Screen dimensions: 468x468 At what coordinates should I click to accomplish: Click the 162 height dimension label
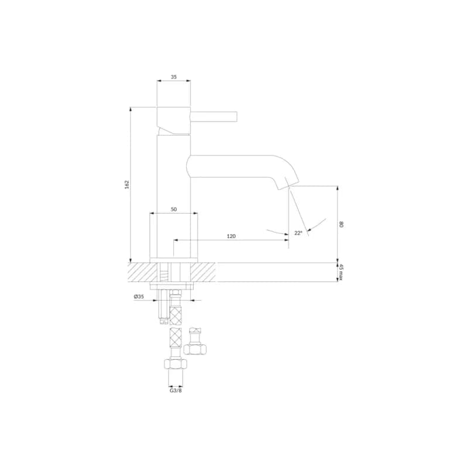point(127,184)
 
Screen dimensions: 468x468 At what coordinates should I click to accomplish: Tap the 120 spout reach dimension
point(231,236)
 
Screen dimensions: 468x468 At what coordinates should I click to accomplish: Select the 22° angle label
point(298,233)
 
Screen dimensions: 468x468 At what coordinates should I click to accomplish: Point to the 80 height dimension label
point(342,224)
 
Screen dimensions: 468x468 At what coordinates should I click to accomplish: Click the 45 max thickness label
point(342,272)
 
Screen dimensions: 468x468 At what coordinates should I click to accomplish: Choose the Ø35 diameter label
point(139,297)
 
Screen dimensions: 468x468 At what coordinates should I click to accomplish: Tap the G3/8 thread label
point(175,390)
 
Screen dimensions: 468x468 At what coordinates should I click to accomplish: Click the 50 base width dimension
point(174,209)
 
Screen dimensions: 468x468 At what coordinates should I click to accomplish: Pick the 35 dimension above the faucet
point(174,77)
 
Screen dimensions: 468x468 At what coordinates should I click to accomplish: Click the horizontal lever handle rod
point(214,116)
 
